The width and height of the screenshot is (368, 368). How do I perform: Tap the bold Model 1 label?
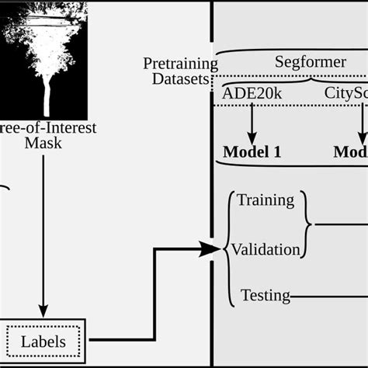point(252,151)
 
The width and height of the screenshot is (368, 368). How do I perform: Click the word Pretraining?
point(176,62)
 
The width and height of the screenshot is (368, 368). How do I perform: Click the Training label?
point(266,200)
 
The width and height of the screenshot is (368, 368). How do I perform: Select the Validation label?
point(266,249)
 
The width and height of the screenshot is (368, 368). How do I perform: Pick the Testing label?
point(265,295)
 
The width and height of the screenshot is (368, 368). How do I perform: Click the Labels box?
point(43,340)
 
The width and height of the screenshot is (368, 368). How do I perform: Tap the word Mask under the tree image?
point(43,143)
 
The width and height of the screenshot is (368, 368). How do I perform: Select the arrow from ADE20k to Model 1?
point(252,120)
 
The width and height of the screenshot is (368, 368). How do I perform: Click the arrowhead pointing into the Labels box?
point(43,312)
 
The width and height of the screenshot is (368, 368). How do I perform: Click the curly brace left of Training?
point(230,225)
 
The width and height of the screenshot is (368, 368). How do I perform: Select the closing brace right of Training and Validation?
point(309,225)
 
